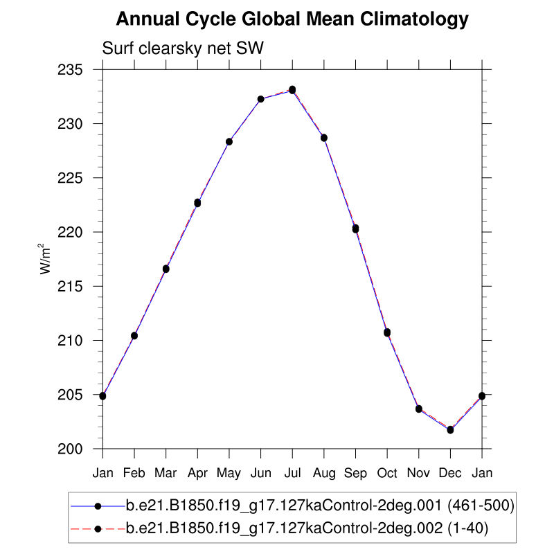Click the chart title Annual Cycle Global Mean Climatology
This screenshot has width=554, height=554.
point(292,19)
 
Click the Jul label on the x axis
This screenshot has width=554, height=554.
point(292,473)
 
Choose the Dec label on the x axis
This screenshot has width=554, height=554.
point(450,473)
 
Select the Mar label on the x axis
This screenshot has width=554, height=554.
point(166,473)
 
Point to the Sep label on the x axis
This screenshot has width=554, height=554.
point(355,473)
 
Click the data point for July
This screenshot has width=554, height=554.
point(292,90)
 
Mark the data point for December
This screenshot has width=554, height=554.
point(450,430)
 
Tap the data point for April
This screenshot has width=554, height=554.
point(197,203)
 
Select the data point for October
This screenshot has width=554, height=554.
point(387,332)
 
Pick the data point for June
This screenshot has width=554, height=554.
point(260,99)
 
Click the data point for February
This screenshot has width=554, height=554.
point(134,336)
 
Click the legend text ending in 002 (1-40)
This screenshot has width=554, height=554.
point(307,529)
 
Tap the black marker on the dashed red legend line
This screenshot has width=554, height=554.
point(98,529)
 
